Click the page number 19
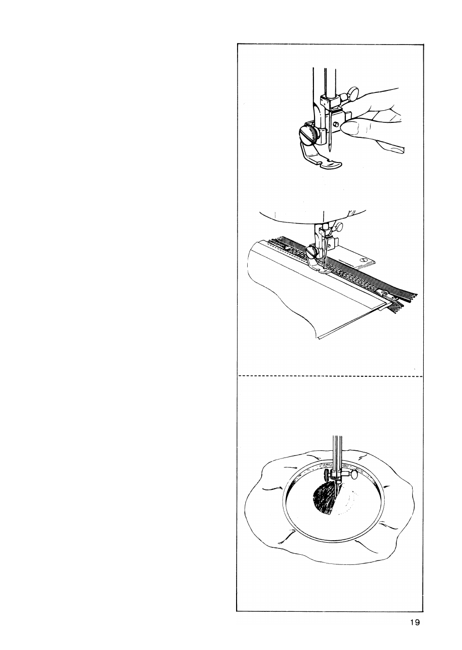pyautogui.click(x=415, y=622)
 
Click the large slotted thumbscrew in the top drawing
pyautogui.click(x=309, y=135)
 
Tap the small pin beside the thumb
pyautogui.click(x=336, y=124)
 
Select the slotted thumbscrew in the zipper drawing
pyautogui.click(x=312, y=251)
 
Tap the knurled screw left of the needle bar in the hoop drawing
pyautogui.click(x=328, y=477)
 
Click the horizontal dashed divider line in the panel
pyautogui.click(x=330, y=377)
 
